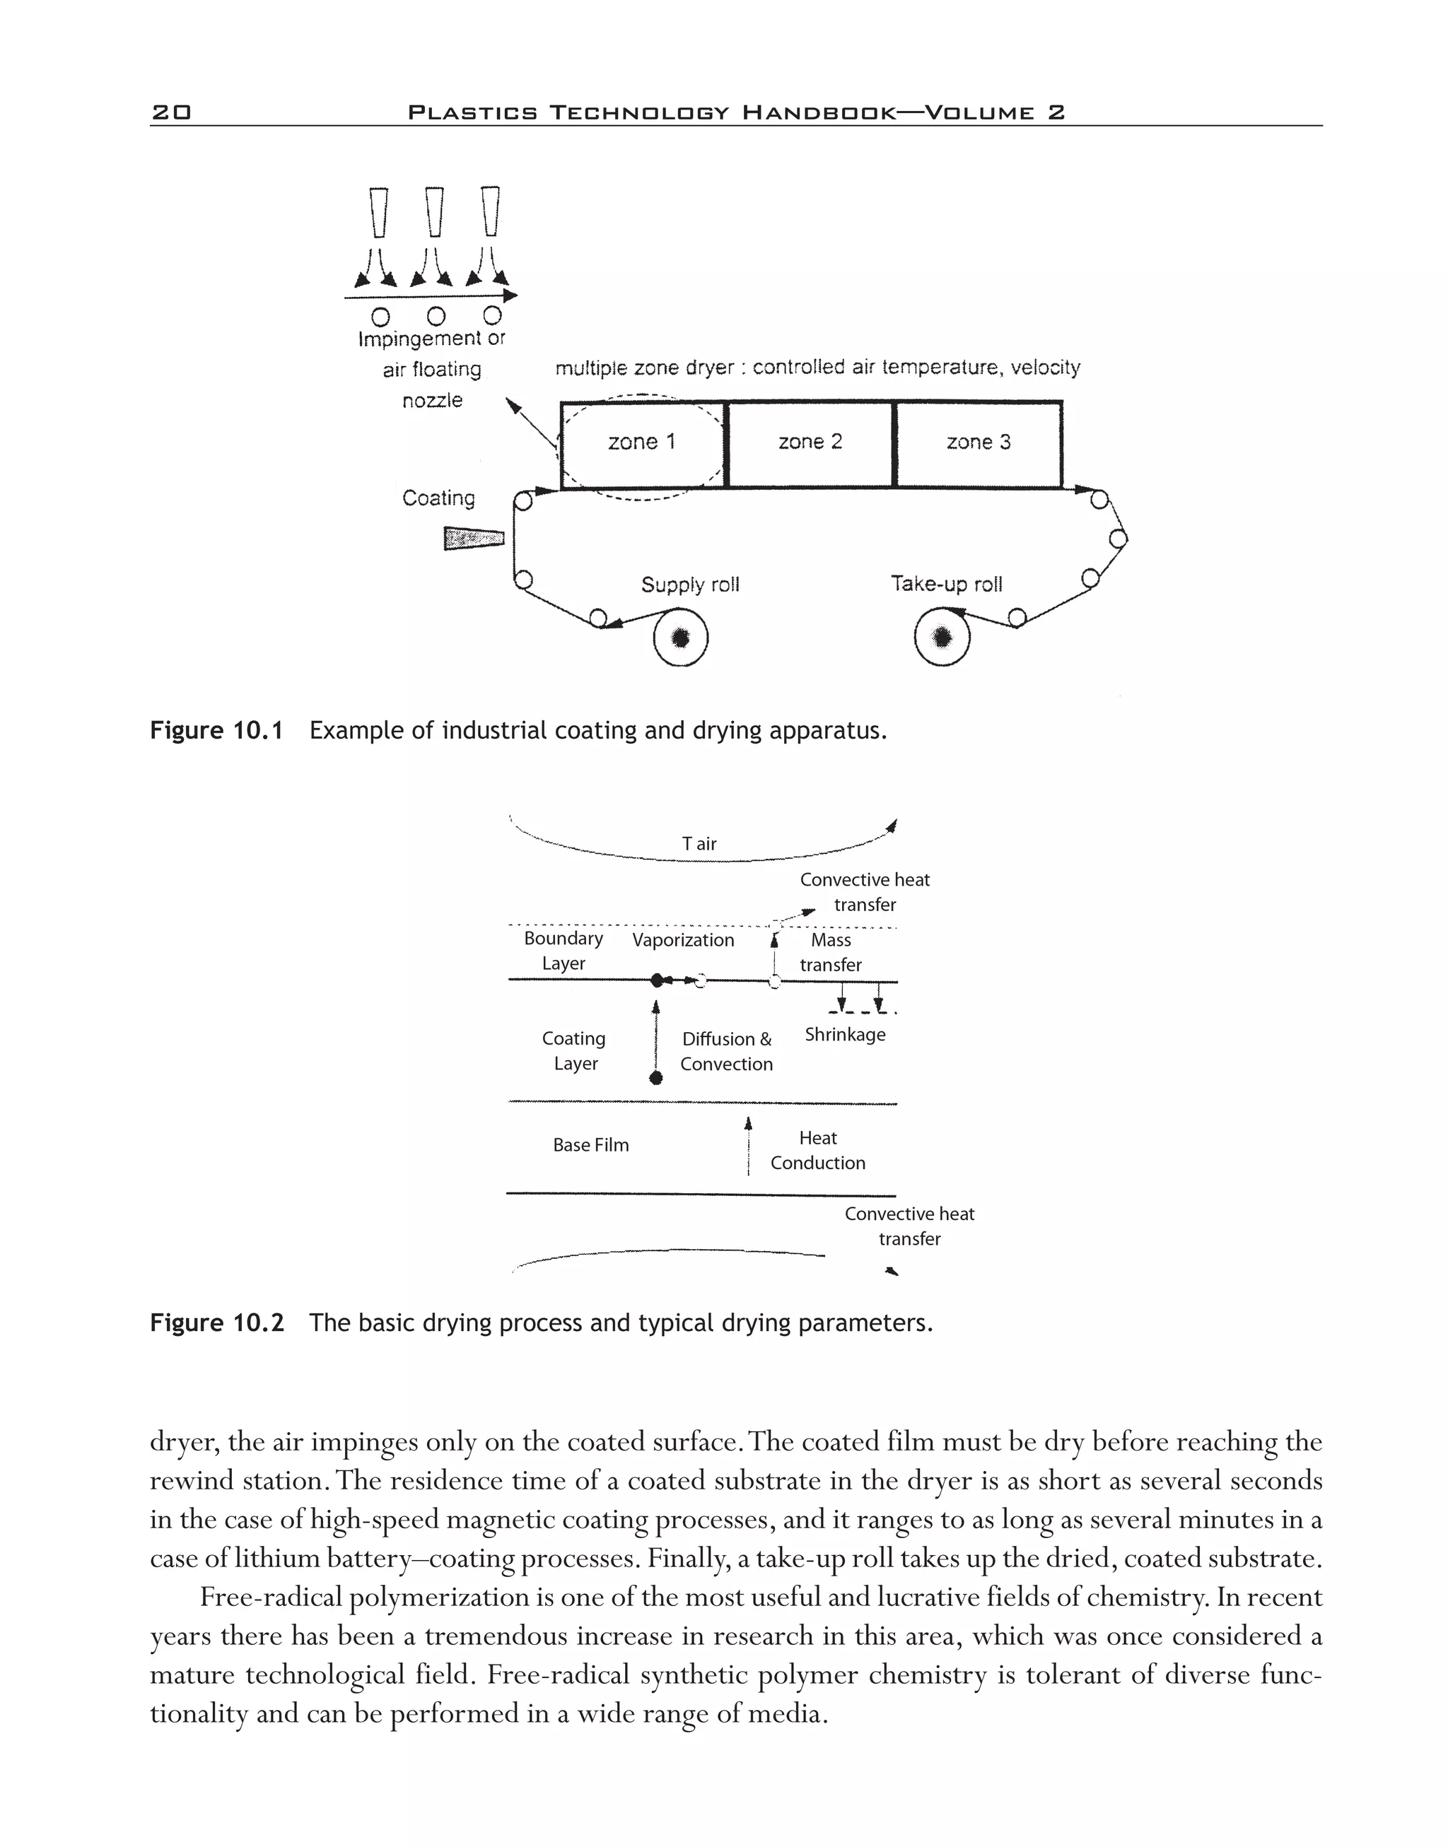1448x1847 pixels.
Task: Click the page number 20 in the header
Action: click(x=171, y=112)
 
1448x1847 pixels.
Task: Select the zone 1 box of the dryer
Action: click(x=643, y=443)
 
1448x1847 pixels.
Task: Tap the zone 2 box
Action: click(x=810, y=443)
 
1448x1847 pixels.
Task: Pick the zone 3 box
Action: click(x=979, y=443)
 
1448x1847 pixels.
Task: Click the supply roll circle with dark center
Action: click(x=681, y=638)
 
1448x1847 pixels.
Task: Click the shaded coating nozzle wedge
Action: click(x=474, y=538)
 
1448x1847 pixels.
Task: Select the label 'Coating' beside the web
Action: click(x=438, y=498)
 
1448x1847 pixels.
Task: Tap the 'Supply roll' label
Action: click(x=690, y=585)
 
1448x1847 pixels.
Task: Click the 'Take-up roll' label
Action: click(x=946, y=584)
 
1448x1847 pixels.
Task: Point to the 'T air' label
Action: click(x=699, y=843)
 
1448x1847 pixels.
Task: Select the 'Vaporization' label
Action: click(x=683, y=940)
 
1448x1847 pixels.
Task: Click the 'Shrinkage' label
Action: click(x=845, y=1034)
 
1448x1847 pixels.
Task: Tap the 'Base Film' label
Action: click(x=591, y=1145)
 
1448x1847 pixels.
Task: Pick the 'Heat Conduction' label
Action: click(x=818, y=1150)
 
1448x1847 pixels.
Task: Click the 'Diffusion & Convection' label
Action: click(x=727, y=1051)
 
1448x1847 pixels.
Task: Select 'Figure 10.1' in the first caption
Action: click(x=216, y=731)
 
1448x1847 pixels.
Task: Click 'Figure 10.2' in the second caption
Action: click(x=217, y=1323)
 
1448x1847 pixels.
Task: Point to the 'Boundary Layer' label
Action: click(x=564, y=950)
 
